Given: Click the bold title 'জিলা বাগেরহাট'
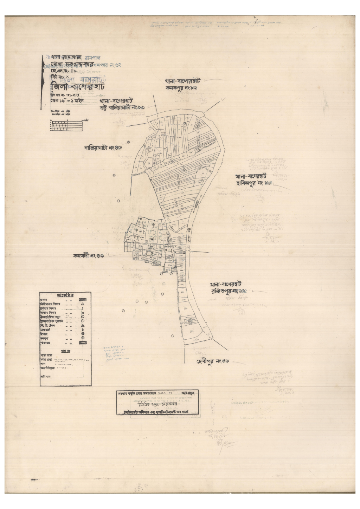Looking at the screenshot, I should (x=78, y=86).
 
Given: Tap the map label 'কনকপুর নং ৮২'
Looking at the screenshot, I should (x=181, y=88).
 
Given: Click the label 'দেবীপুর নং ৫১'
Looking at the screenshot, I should (x=213, y=361).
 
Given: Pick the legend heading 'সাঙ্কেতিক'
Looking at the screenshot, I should (x=65, y=295).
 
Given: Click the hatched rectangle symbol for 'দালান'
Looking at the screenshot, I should (x=82, y=300).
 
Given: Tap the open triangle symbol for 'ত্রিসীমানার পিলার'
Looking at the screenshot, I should (x=82, y=304).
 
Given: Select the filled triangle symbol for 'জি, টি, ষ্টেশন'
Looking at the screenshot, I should (x=82, y=325).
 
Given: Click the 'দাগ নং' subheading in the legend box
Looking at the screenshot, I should (x=66, y=351).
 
